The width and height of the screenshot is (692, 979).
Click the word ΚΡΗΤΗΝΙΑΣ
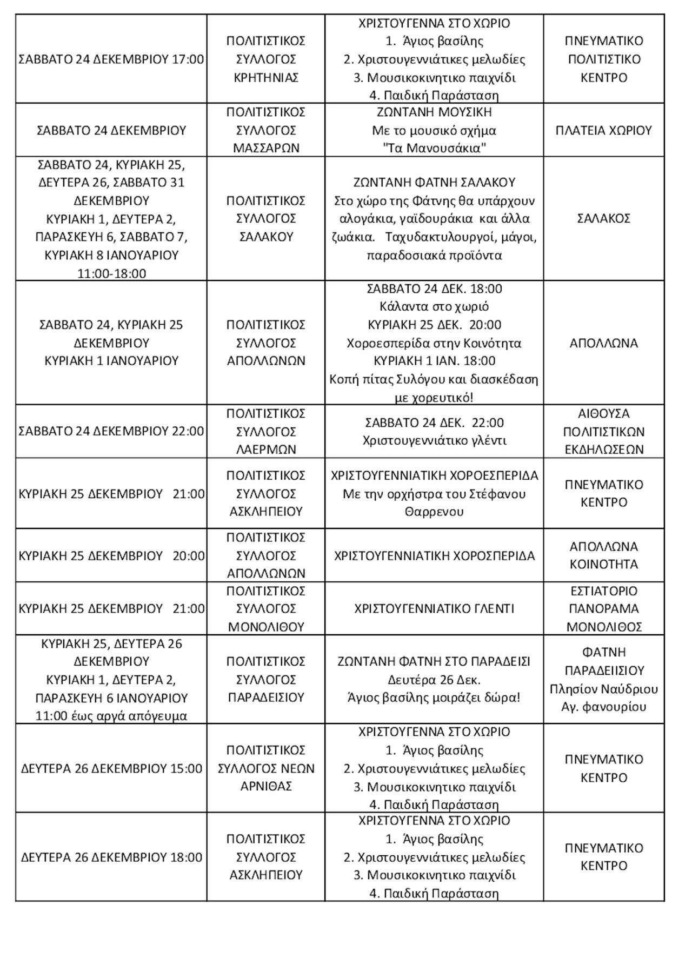tap(266, 77)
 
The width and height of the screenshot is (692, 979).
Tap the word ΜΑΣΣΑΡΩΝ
tap(266, 148)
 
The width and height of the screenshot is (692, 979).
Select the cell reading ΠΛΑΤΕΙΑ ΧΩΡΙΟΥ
tap(604, 130)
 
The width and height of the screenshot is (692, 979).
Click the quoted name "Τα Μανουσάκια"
tap(434, 148)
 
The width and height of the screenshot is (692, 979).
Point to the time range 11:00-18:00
tap(111, 273)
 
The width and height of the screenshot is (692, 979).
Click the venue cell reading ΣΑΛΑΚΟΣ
tap(604, 218)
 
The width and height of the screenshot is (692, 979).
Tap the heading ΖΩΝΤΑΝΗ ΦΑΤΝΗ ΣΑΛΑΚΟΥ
tap(434, 182)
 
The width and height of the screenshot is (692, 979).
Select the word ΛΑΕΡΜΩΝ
tap(266, 449)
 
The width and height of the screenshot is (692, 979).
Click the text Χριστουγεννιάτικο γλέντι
tap(434, 440)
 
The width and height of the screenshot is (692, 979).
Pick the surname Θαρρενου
tap(434, 511)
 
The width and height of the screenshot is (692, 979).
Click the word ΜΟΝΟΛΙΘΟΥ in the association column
tap(266, 627)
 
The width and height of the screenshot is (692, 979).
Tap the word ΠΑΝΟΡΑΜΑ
tap(604, 608)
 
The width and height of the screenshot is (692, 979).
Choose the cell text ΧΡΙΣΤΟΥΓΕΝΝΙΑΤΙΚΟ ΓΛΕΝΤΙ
tap(434, 608)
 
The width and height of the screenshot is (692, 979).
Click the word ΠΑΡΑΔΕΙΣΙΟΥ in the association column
tap(266, 697)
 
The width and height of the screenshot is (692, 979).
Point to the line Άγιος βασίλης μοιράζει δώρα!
tap(434, 697)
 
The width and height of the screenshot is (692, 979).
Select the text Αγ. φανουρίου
tap(604, 707)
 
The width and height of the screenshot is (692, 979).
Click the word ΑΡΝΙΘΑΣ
tap(266, 786)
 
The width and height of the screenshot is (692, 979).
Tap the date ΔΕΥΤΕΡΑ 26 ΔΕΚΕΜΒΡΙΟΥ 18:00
tap(111, 857)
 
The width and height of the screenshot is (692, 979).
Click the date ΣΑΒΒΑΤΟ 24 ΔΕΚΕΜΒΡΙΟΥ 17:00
tap(111, 59)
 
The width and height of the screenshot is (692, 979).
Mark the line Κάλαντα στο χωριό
tap(434, 306)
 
